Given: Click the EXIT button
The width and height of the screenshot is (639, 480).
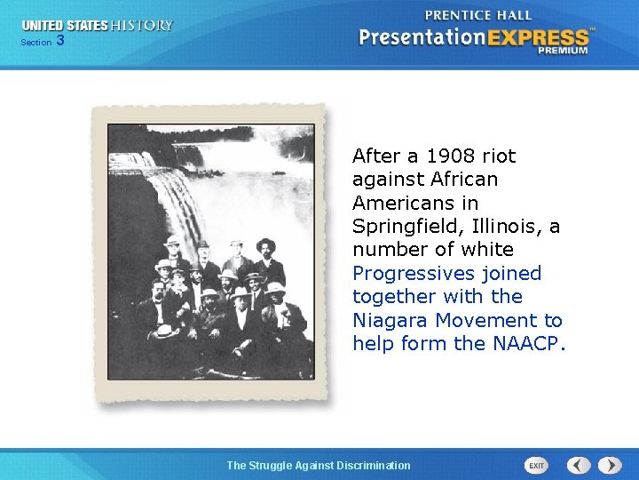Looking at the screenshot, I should tap(537, 465).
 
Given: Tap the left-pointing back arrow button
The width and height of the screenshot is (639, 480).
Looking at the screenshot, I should tap(579, 465).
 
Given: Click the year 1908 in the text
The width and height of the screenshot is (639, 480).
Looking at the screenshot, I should tap(448, 156).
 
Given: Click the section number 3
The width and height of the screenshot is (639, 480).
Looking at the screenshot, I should tap(59, 40).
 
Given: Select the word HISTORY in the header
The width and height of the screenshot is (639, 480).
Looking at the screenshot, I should tap(141, 26).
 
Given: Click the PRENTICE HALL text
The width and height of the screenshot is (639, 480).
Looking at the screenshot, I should tap(478, 15).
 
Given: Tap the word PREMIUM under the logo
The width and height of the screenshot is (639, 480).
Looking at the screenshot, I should tap(562, 51).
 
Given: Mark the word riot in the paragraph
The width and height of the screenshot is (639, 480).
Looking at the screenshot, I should tap(499, 156).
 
